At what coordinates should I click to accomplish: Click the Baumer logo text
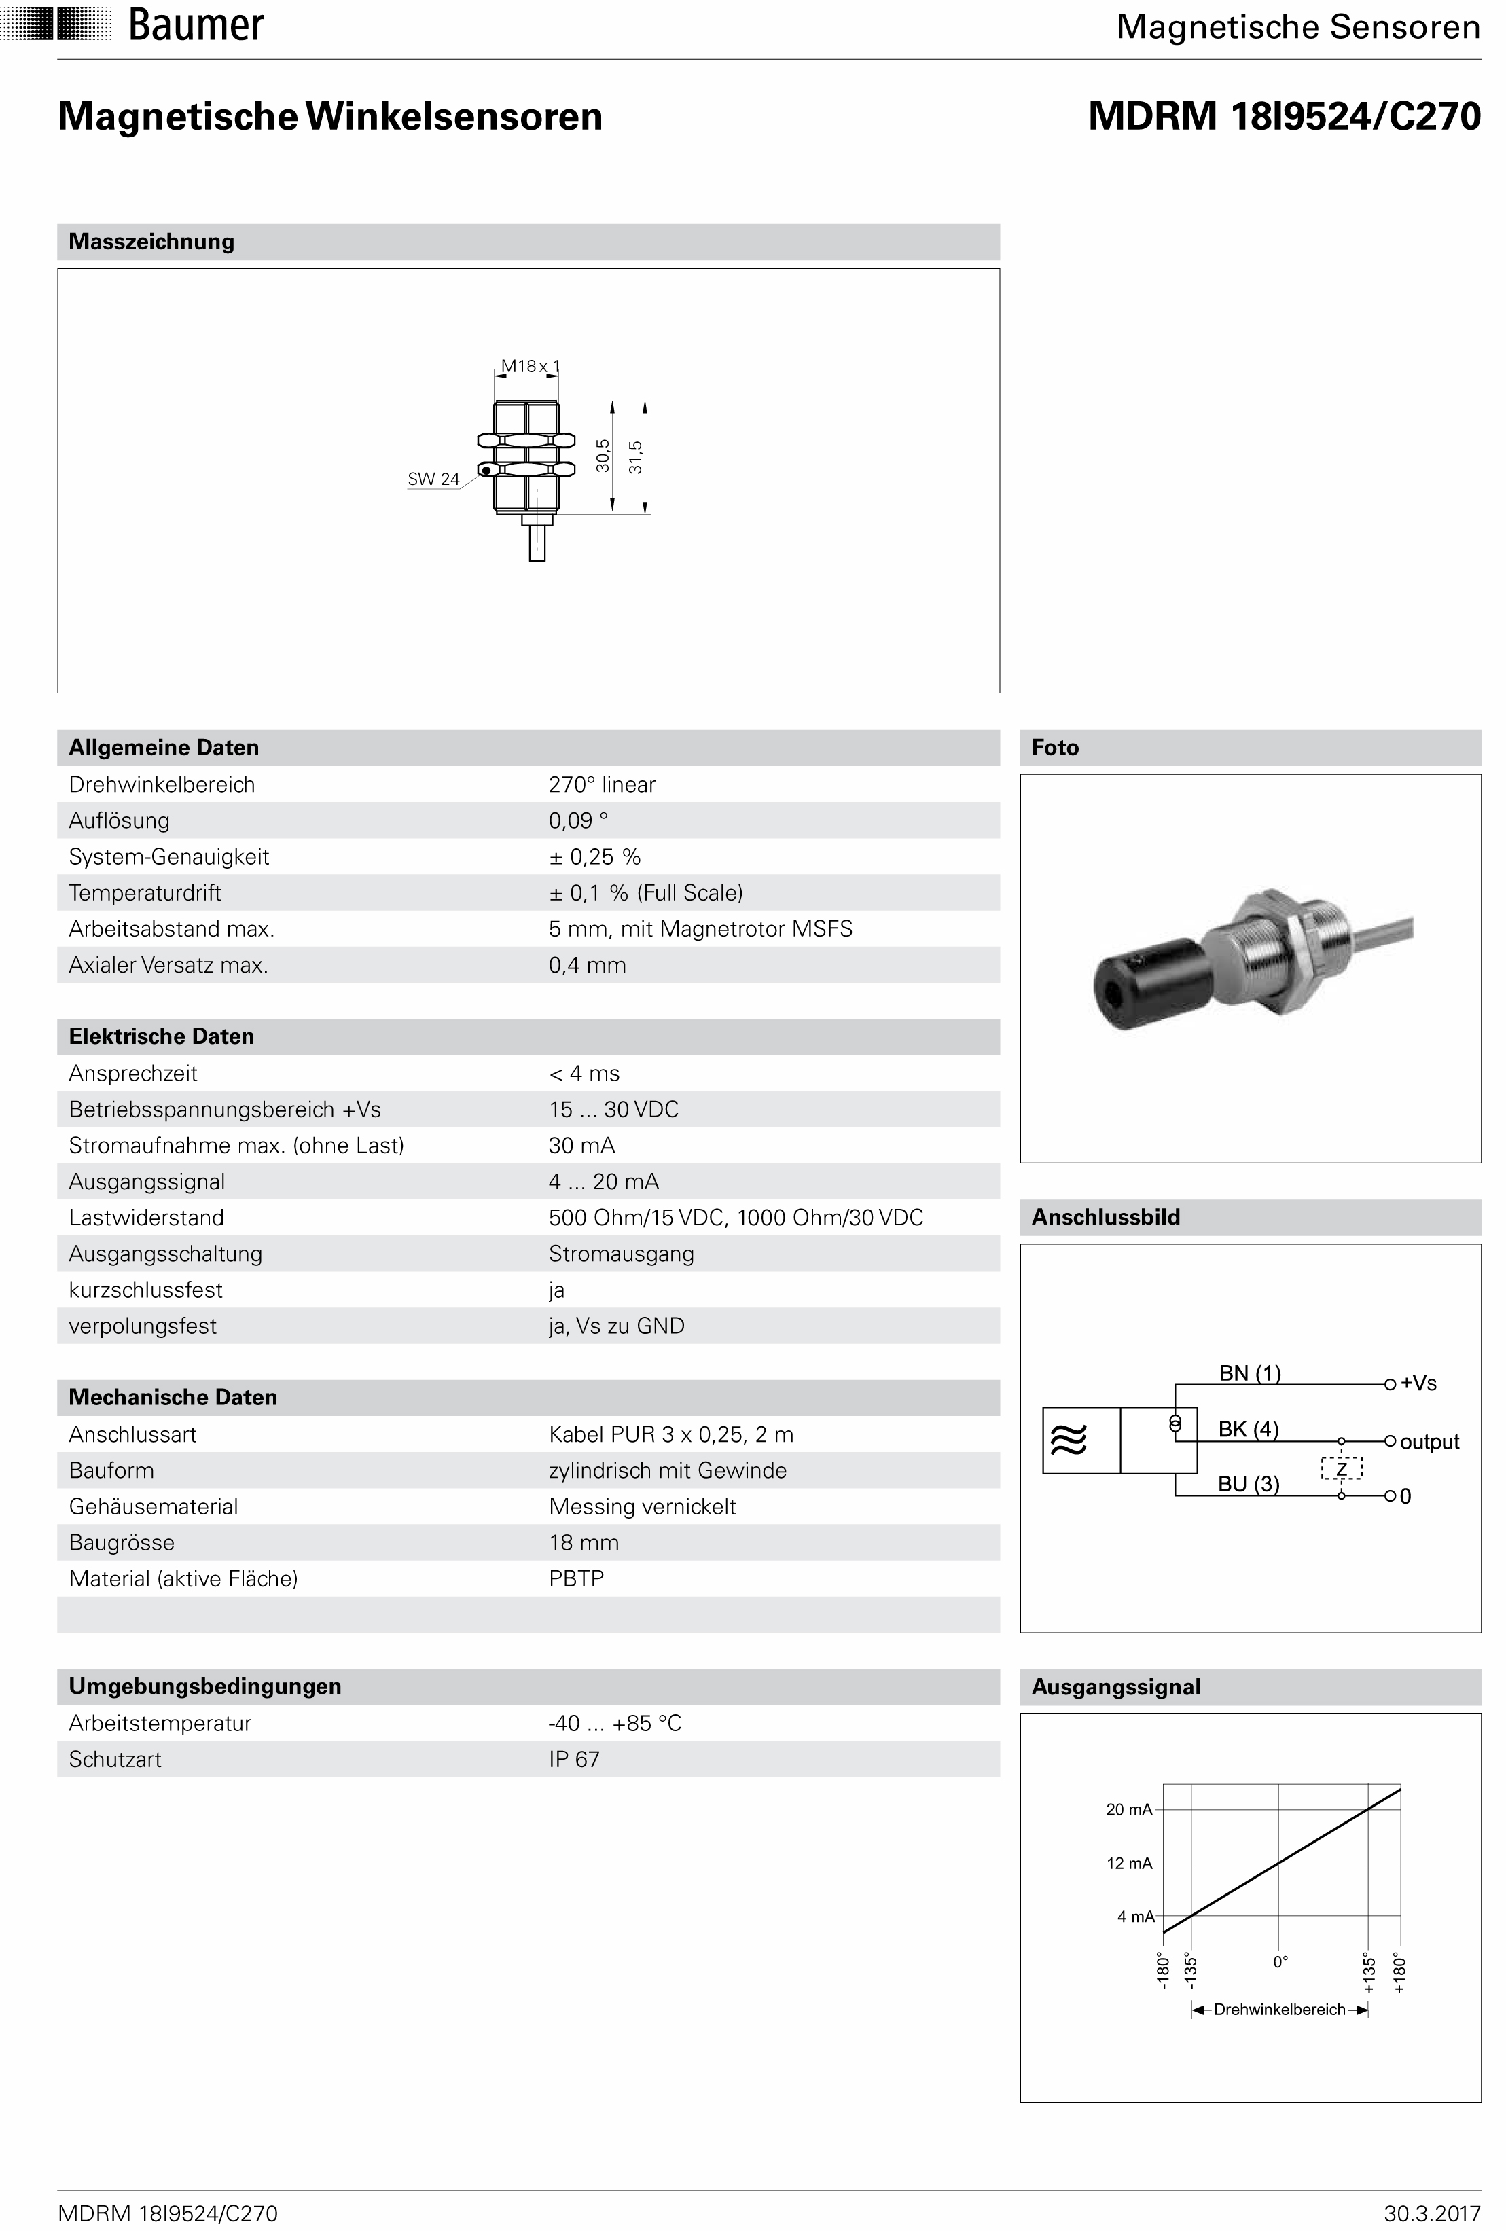coord(195,25)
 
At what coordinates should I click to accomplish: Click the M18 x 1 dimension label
coord(530,366)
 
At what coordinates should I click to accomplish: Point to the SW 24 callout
coord(433,479)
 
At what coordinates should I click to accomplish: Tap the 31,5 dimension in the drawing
coord(635,457)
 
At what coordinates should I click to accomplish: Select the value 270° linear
coord(601,784)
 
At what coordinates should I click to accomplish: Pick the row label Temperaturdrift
coord(145,893)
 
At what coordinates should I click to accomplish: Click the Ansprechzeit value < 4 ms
coord(584,1073)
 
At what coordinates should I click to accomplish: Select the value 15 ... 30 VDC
coord(613,1110)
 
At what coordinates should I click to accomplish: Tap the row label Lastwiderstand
coord(146,1217)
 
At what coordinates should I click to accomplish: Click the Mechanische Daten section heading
coord(173,1397)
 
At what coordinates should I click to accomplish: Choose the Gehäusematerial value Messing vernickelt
coord(641,1506)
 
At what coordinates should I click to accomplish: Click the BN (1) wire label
coord(1249,1373)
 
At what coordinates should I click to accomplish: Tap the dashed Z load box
coord(1342,1468)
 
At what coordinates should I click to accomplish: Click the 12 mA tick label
coord(1128,1864)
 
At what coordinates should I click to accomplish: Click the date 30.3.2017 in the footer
coord(1431,2213)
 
